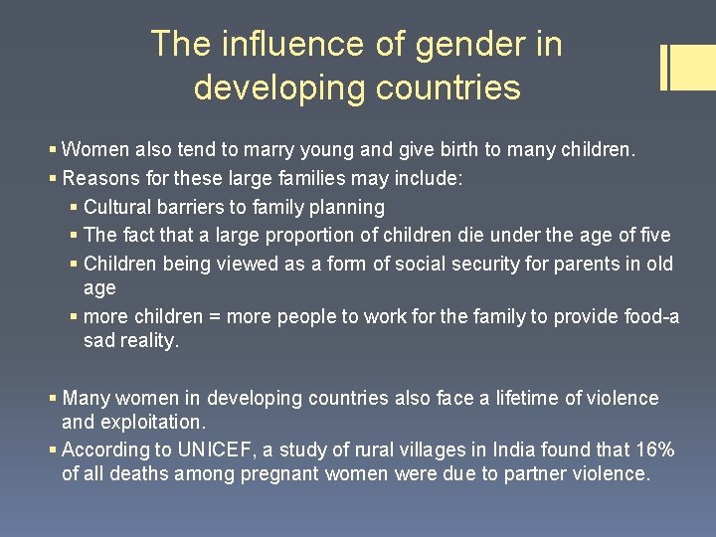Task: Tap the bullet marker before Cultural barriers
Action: [74, 207]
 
